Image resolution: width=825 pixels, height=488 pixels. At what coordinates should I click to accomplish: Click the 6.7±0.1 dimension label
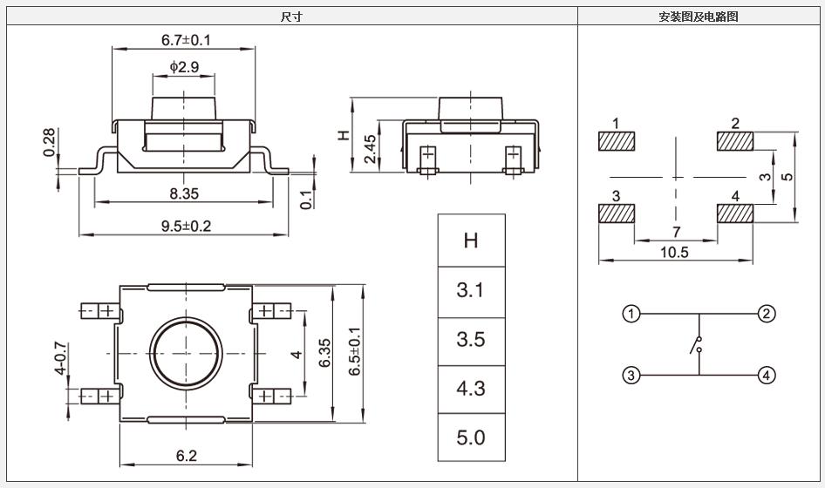point(187,40)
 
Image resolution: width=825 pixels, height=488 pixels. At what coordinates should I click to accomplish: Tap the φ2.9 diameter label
point(185,67)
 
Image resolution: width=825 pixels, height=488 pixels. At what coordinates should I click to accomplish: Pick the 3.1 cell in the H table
point(471,290)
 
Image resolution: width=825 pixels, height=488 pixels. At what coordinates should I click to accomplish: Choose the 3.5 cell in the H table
point(471,339)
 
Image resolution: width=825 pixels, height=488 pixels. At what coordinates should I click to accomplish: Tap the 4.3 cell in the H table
point(471,388)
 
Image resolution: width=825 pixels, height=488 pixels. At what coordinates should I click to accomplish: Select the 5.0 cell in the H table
point(471,437)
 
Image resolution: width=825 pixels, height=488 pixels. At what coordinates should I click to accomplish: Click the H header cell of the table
point(471,241)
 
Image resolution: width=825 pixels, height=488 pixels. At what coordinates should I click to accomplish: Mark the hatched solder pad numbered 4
point(735,213)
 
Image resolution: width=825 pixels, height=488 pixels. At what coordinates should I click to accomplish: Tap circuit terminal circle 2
point(766,314)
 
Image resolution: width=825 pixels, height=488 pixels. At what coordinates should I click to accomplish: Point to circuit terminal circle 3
point(631,376)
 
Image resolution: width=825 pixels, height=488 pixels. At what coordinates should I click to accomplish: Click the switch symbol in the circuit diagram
point(698,345)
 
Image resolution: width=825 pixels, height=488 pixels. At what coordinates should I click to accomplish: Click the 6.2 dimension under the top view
point(187,455)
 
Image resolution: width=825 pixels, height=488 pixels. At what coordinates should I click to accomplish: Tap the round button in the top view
point(185,353)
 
